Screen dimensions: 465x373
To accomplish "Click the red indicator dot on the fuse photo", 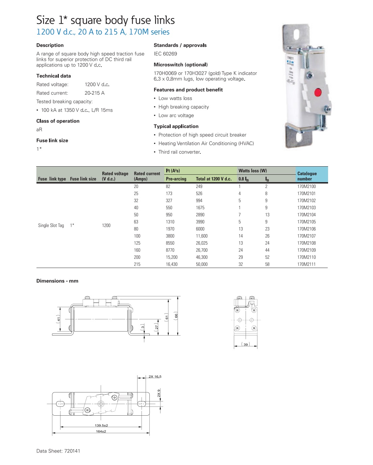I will pyautogui.click(x=318, y=92).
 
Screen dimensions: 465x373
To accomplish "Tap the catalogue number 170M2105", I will pyautogui.click(x=306, y=222).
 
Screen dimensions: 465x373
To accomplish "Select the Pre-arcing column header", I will pyautogui.click(x=176, y=179).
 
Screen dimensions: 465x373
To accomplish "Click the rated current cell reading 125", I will pyautogui.click(x=137, y=243).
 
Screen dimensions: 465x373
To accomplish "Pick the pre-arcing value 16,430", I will pyautogui.click(x=172, y=265).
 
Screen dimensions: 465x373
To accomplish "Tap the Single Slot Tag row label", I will pyautogui.click(x=51, y=225).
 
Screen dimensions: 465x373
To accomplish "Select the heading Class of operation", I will pyautogui.click(x=58, y=121).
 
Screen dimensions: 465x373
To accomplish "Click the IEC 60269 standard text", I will pyautogui.click(x=165, y=54).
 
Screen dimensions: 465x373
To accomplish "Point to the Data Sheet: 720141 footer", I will pyautogui.click(x=58, y=451).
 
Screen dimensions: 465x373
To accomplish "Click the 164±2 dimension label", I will pyautogui.click(x=101, y=432).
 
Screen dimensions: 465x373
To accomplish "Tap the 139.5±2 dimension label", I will pyautogui.click(x=101, y=425).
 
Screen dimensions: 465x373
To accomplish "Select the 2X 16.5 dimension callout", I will pyautogui.click(x=155, y=376).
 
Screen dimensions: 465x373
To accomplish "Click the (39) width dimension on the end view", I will pyautogui.click(x=246, y=344).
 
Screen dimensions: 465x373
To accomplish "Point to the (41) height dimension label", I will pyautogui.click(x=58, y=319).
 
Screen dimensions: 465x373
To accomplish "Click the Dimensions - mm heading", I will pyautogui.click(x=57, y=281).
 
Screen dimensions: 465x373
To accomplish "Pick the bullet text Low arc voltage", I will pyautogui.click(x=176, y=116).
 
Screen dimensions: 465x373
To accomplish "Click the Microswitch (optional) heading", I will pyautogui.click(x=181, y=65).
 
